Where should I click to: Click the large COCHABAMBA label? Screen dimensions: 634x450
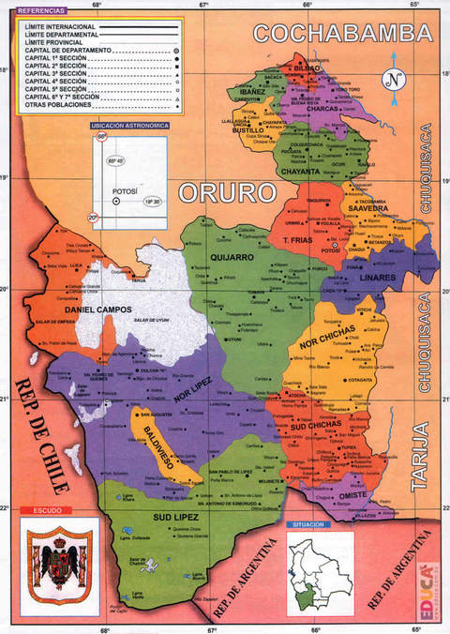coord(342,34)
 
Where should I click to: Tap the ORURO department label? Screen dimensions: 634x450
coord(230,193)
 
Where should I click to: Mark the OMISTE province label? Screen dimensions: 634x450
coord(353,495)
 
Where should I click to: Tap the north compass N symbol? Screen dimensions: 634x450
coord(396,79)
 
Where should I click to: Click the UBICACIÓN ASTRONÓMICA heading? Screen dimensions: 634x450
coord(129,125)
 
